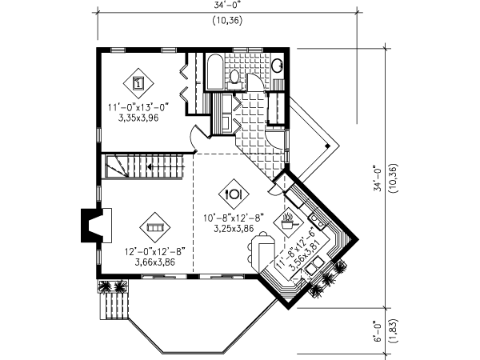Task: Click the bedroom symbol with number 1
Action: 138,81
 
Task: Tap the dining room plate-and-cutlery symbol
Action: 234,193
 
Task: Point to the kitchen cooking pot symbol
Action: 288,218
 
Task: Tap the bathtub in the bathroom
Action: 214,74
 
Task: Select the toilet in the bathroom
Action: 234,77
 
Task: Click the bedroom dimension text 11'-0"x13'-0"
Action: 138,106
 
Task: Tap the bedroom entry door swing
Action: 194,139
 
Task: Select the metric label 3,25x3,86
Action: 233,228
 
